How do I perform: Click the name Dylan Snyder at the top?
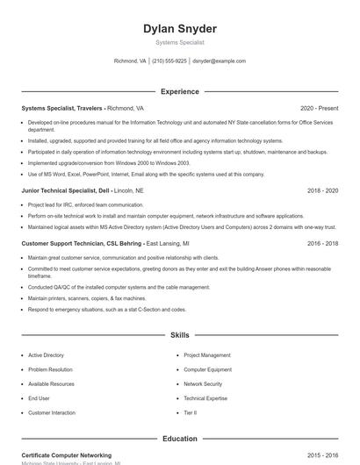[180, 29]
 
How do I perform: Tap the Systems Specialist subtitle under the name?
[180, 42]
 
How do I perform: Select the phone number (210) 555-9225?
[169, 61]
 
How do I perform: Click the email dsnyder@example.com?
[219, 61]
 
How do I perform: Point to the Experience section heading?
[180, 91]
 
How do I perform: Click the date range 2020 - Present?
[319, 108]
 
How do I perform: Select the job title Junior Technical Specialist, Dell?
[65, 190]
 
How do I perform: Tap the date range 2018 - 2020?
[322, 190]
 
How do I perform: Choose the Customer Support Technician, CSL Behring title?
[82, 243]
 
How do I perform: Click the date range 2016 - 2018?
[322, 243]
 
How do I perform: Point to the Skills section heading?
[180, 335]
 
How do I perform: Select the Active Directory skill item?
[46, 355]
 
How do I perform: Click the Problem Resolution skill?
[50, 369]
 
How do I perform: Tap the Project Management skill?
[207, 355]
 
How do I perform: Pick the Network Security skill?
[203, 383]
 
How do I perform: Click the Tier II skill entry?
[190, 412]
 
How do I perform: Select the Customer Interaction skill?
[52, 412]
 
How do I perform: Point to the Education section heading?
[180, 439]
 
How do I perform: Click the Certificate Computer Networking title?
[66, 455]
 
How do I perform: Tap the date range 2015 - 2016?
[322, 455]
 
